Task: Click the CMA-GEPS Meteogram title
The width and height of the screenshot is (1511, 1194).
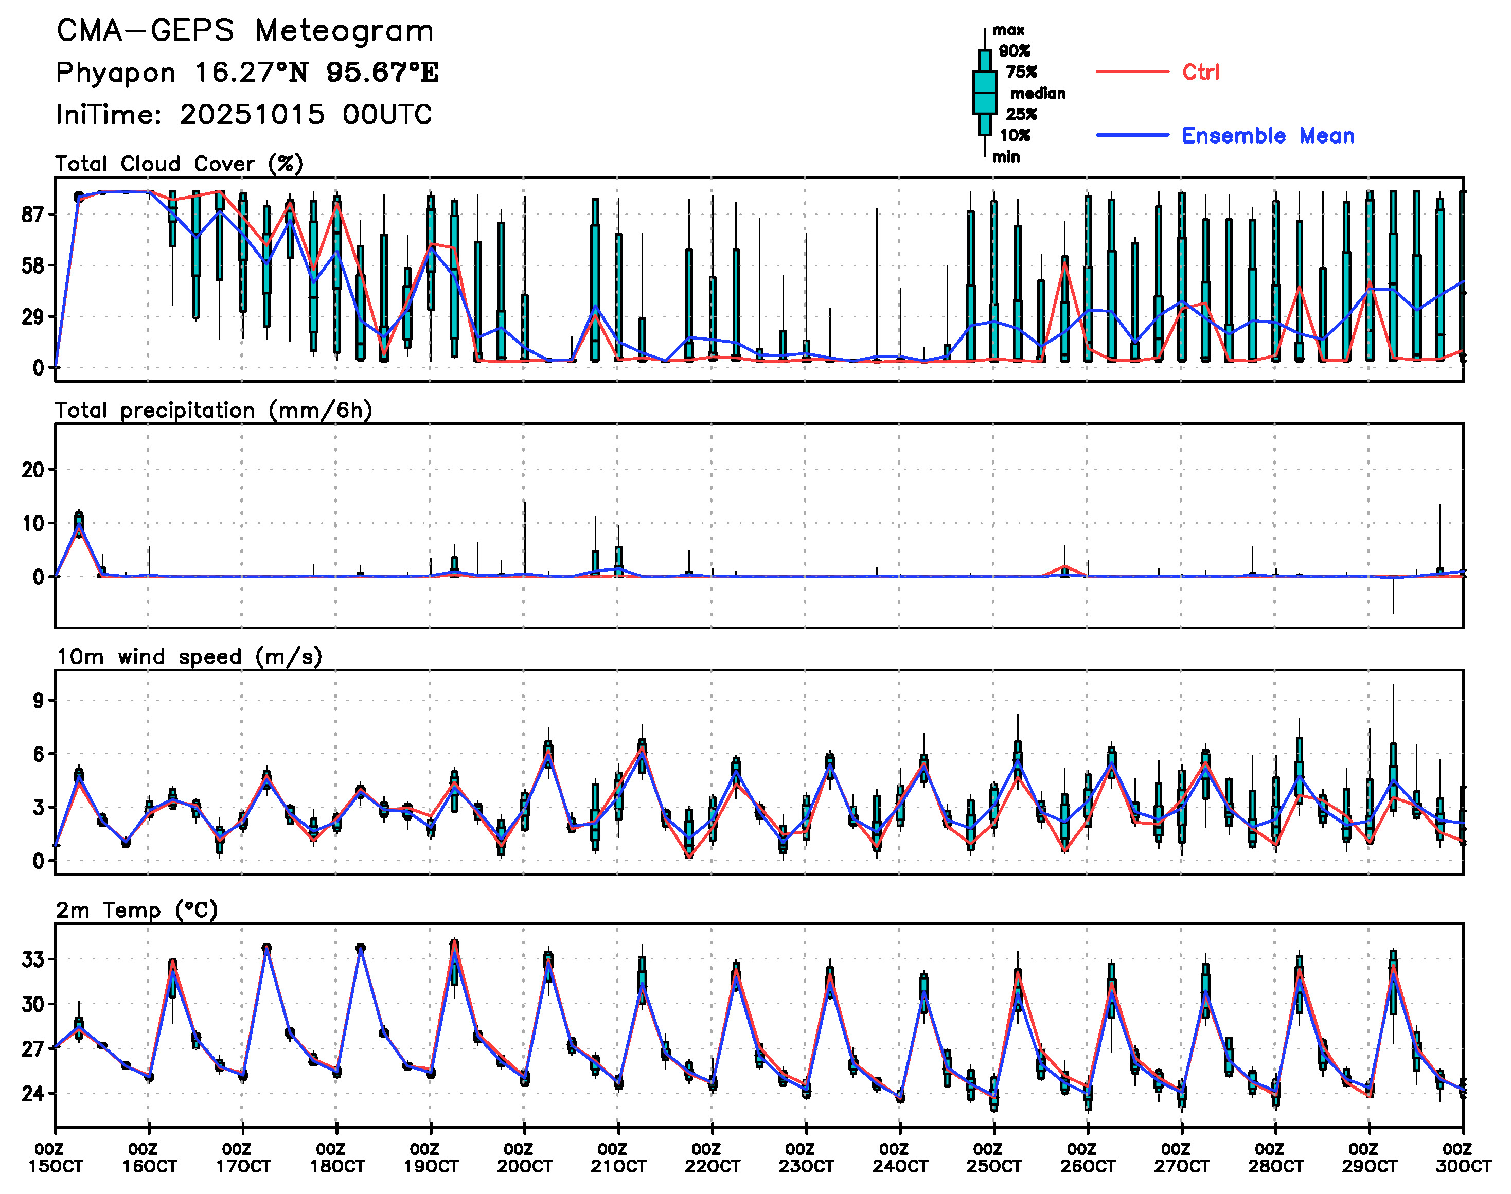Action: point(245,31)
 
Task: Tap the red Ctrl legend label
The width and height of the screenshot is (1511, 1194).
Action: point(1200,72)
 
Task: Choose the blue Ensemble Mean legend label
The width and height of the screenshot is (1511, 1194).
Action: point(1268,136)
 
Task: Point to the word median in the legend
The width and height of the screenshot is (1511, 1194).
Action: point(1038,94)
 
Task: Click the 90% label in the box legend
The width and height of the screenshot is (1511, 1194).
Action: point(1014,51)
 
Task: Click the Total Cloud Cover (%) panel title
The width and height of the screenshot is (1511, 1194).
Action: point(179,164)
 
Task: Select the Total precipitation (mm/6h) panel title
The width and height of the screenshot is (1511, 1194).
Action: point(214,411)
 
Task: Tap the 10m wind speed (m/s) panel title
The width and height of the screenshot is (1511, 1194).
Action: point(189,657)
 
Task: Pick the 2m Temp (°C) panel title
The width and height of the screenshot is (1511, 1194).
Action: point(137,910)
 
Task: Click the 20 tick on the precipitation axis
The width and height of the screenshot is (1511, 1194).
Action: point(33,470)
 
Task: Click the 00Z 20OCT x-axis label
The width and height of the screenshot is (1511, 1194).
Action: point(524,1157)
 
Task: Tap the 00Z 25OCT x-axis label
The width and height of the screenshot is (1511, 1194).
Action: point(993,1157)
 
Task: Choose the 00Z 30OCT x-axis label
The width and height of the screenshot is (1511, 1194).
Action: point(1463,1157)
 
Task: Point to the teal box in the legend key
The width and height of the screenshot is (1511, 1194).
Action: point(985,92)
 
